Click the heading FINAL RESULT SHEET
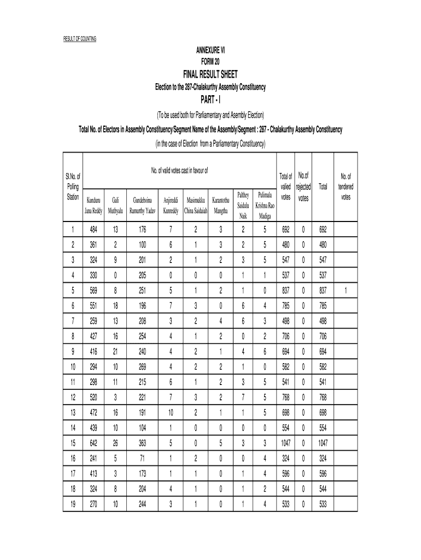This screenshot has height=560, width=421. click(x=210, y=74)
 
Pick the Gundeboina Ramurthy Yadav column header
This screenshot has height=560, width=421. click(x=143, y=205)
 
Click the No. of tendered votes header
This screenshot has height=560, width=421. click(x=346, y=186)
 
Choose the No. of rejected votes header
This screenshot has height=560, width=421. click(x=303, y=186)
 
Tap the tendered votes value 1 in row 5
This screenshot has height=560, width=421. click(x=346, y=290)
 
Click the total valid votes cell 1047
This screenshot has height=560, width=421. click(x=286, y=442)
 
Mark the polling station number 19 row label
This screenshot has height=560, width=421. click(x=72, y=504)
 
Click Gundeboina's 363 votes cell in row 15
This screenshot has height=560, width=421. click(x=143, y=442)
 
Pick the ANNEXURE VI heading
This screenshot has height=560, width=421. click(x=210, y=50)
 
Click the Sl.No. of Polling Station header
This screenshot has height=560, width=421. click(x=72, y=186)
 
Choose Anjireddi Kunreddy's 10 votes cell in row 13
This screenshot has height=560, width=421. click(x=171, y=411)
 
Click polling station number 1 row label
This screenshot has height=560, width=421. click(x=72, y=229)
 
